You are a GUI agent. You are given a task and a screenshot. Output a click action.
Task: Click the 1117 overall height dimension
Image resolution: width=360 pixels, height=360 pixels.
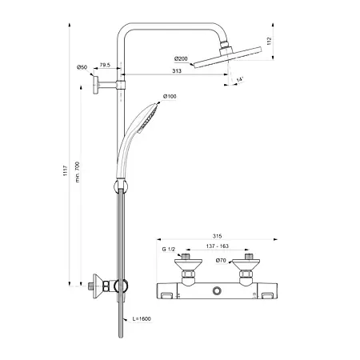(66, 170)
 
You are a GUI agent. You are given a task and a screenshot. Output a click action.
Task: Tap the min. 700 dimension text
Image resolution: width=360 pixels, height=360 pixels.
(78, 172)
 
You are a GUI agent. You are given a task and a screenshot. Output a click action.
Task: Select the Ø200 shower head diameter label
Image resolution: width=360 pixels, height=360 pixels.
(181, 58)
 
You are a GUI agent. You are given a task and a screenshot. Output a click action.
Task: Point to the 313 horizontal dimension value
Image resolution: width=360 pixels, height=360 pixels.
(177, 70)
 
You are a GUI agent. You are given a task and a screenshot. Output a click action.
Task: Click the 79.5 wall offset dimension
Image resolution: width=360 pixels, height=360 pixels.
(105, 65)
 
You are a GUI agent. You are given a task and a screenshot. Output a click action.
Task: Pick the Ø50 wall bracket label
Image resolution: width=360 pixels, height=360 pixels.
(82, 67)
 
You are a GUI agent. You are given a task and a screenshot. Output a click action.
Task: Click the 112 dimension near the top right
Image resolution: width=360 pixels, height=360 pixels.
(269, 41)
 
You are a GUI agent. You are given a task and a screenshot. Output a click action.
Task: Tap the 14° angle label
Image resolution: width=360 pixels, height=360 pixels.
(240, 79)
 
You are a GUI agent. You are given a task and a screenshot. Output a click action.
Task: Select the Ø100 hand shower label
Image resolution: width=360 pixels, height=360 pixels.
(170, 96)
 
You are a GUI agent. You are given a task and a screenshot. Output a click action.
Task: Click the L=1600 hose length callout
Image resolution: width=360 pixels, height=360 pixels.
(142, 318)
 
